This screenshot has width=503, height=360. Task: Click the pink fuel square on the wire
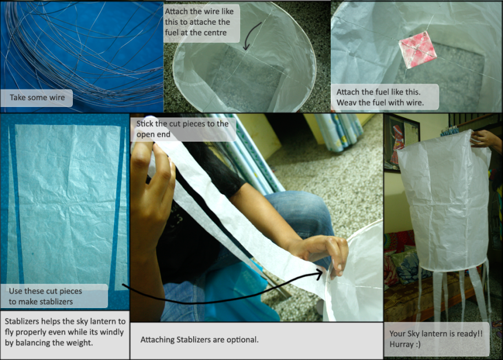(417, 50)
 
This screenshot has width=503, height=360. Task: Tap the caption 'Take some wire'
(37, 98)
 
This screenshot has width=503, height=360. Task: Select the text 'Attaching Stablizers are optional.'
(199, 339)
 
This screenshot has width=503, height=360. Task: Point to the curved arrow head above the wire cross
(246, 47)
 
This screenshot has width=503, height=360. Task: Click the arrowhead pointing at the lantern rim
(319, 273)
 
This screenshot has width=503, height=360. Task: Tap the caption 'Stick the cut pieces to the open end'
(182, 129)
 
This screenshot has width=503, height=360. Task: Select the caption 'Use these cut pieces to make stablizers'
(45, 296)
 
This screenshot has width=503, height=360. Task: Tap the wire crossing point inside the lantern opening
(245, 54)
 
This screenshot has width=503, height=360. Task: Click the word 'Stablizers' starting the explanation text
(22, 321)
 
